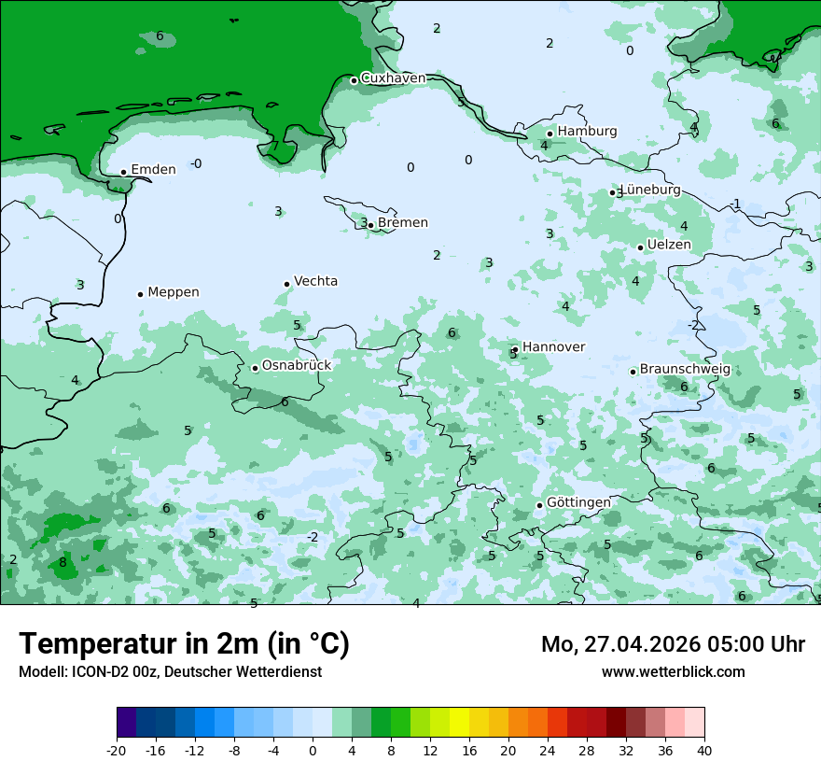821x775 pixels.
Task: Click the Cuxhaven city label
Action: coord(393,78)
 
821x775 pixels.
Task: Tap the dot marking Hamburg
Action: coord(550,134)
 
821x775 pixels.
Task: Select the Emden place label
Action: coord(153,169)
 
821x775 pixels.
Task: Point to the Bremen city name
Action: coord(403,222)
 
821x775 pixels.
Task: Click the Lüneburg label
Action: coord(650,190)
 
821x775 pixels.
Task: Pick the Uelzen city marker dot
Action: coord(640,247)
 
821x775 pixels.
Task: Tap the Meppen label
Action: coord(174,292)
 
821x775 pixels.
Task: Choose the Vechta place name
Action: coord(315,281)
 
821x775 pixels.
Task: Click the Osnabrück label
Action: coord(297,365)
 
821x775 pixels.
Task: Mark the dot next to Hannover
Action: coord(515,349)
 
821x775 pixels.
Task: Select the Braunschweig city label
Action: coord(685,369)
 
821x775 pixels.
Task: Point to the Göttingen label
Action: coord(578,502)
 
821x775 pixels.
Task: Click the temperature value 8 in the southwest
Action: coord(63,562)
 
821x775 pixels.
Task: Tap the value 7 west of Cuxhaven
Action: coord(274,147)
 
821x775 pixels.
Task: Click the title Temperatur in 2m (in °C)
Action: coord(184,644)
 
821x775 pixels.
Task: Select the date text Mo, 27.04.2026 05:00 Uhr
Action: coord(673,644)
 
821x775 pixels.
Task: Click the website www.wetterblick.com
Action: coord(673,671)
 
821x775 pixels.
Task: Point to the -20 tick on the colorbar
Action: coord(117,750)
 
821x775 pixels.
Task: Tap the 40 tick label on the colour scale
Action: coord(703,750)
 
